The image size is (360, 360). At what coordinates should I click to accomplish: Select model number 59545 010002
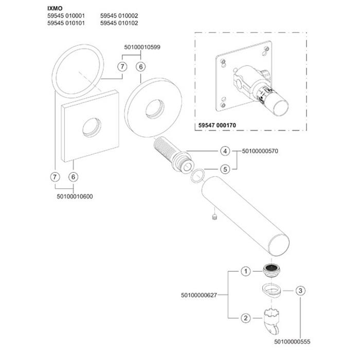[119, 16]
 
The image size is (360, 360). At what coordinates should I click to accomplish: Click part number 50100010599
[142, 47]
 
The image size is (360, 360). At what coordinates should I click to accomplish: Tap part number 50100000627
[199, 295]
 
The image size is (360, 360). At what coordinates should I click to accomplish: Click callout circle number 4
[224, 151]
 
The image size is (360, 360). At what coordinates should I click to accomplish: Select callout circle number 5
[224, 169]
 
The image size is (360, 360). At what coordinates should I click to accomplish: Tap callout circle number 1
[246, 271]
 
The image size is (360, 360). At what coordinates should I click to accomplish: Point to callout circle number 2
[246, 318]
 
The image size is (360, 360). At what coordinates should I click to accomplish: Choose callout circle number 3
[299, 290]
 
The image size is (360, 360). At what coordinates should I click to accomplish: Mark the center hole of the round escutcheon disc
[153, 110]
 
